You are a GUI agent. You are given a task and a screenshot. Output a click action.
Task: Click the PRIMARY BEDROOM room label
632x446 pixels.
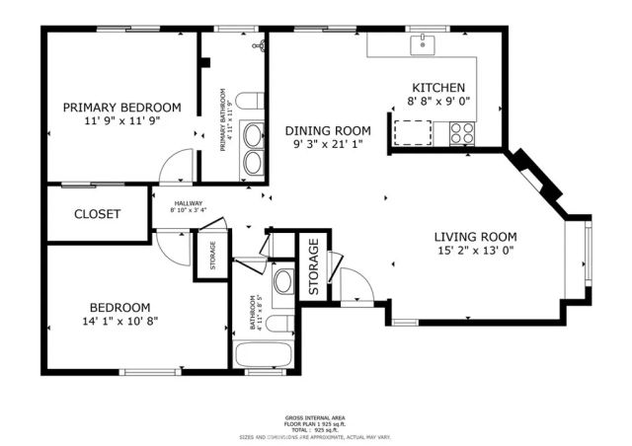coord(122,108)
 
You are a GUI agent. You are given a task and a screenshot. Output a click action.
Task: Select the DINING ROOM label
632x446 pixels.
coord(328,130)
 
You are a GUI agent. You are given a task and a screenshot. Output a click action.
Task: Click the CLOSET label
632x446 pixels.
coord(98,214)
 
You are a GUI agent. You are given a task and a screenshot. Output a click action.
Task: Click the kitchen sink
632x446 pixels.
coord(423,43)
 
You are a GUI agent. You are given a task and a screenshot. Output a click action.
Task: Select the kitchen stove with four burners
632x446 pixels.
coord(462,131)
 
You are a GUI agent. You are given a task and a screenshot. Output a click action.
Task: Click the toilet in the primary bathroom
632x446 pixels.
coord(251,100)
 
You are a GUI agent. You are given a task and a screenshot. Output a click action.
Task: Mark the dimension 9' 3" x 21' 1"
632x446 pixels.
coord(328,144)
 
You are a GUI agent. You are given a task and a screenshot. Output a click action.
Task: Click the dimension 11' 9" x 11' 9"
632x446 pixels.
coord(122,120)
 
